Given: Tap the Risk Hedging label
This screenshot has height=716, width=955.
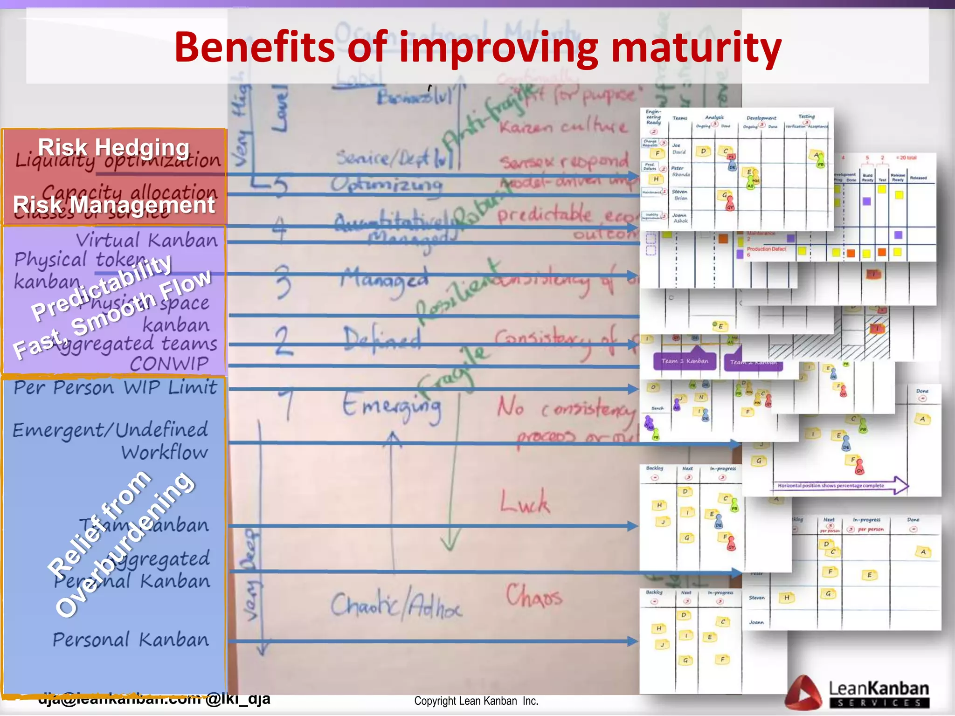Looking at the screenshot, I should point(114,147).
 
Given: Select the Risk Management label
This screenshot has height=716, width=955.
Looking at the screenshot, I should point(114,205).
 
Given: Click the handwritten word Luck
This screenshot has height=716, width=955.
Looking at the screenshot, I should point(525,503).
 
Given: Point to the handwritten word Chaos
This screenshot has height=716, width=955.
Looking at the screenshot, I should point(534,596).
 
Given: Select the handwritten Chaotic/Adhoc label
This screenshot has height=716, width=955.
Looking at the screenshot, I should point(396,606).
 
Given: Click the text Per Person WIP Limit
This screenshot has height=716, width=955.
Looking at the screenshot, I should point(115,387).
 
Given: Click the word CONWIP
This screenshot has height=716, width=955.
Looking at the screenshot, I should point(169,364).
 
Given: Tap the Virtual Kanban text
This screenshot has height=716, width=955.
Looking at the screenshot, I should point(146,241).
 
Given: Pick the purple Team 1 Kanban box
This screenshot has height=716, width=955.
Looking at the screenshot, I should point(685,361).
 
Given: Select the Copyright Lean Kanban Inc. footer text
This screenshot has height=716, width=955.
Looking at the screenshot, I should point(476,701).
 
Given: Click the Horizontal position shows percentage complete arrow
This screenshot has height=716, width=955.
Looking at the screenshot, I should point(839,485).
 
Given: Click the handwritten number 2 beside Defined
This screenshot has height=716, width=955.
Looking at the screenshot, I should point(284,341).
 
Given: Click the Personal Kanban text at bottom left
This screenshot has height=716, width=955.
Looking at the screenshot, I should point(131,640).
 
